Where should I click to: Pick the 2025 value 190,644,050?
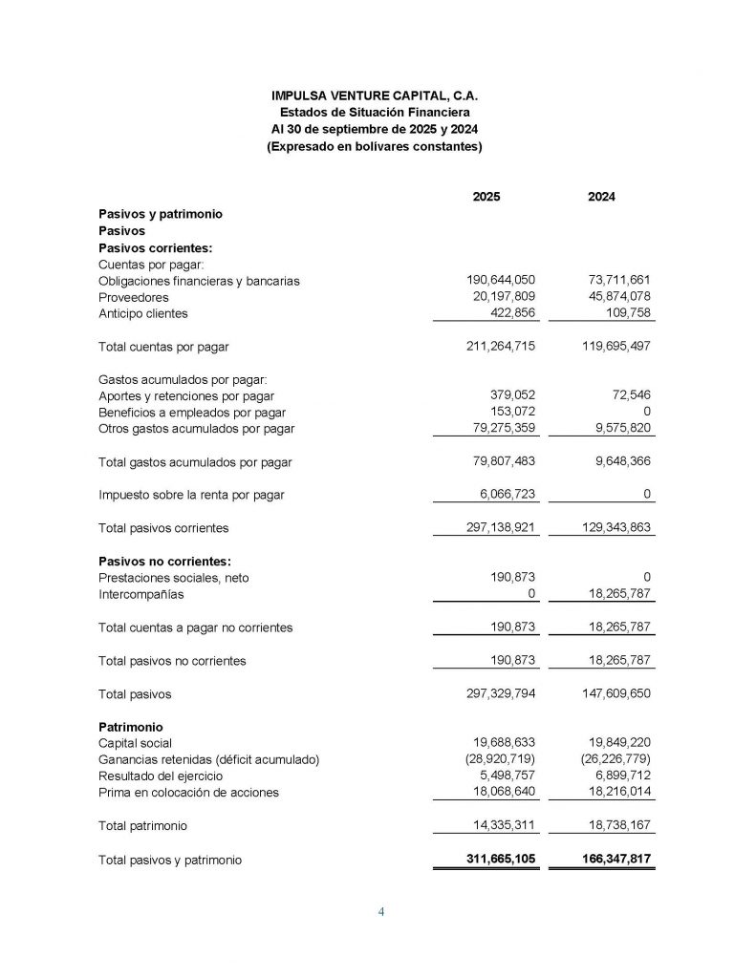click(501, 280)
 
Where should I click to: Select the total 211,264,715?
click(501, 346)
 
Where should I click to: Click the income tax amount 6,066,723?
click(507, 494)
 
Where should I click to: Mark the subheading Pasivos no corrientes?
click(165, 561)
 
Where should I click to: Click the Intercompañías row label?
click(141, 594)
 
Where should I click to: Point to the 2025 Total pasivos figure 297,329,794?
click(501, 693)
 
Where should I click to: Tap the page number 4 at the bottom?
click(381, 911)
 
